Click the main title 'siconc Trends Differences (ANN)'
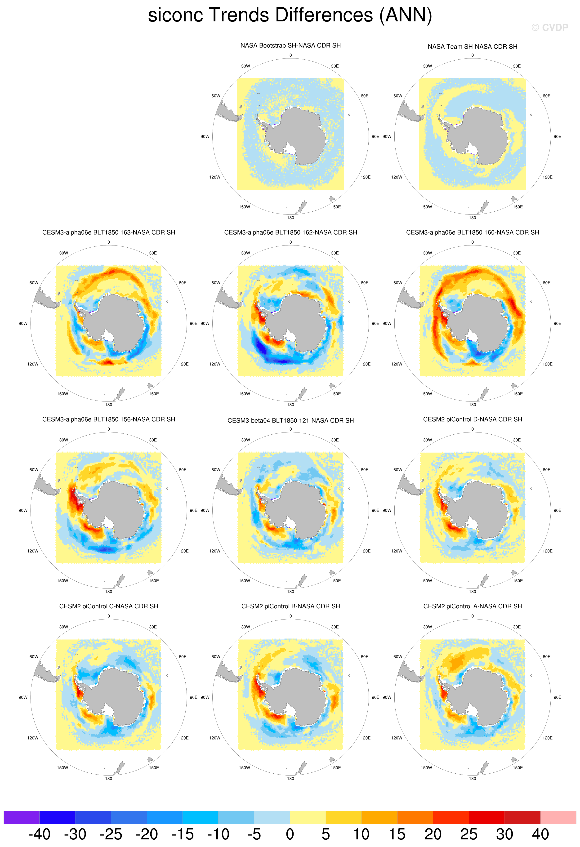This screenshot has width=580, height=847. point(290,15)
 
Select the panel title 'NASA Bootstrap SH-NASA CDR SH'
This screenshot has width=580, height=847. point(290,45)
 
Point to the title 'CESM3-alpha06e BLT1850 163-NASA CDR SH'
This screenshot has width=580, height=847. point(109,232)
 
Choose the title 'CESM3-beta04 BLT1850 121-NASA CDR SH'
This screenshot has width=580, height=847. point(290,421)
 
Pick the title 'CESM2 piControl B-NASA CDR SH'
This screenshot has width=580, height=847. point(290,606)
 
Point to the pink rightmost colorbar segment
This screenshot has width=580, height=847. point(558,817)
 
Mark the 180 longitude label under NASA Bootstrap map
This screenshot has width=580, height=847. point(290,218)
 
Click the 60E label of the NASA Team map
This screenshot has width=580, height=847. point(546,96)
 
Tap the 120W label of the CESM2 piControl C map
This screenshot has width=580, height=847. point(33,738)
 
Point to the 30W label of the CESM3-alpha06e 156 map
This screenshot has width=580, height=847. point(63,440)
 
